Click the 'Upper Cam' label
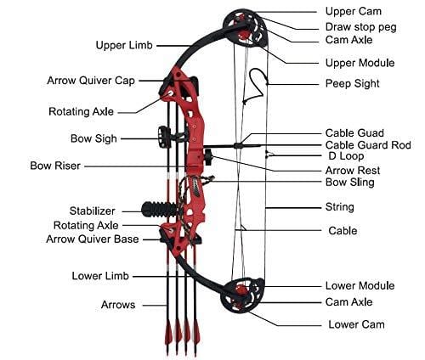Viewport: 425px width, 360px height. [354, 11]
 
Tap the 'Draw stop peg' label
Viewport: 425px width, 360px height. [360, 26]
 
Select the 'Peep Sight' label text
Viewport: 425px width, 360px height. [352, 83]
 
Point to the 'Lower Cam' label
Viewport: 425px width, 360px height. [356, 324]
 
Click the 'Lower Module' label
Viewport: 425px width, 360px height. [360, 286]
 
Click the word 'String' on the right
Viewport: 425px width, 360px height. [340, 206]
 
